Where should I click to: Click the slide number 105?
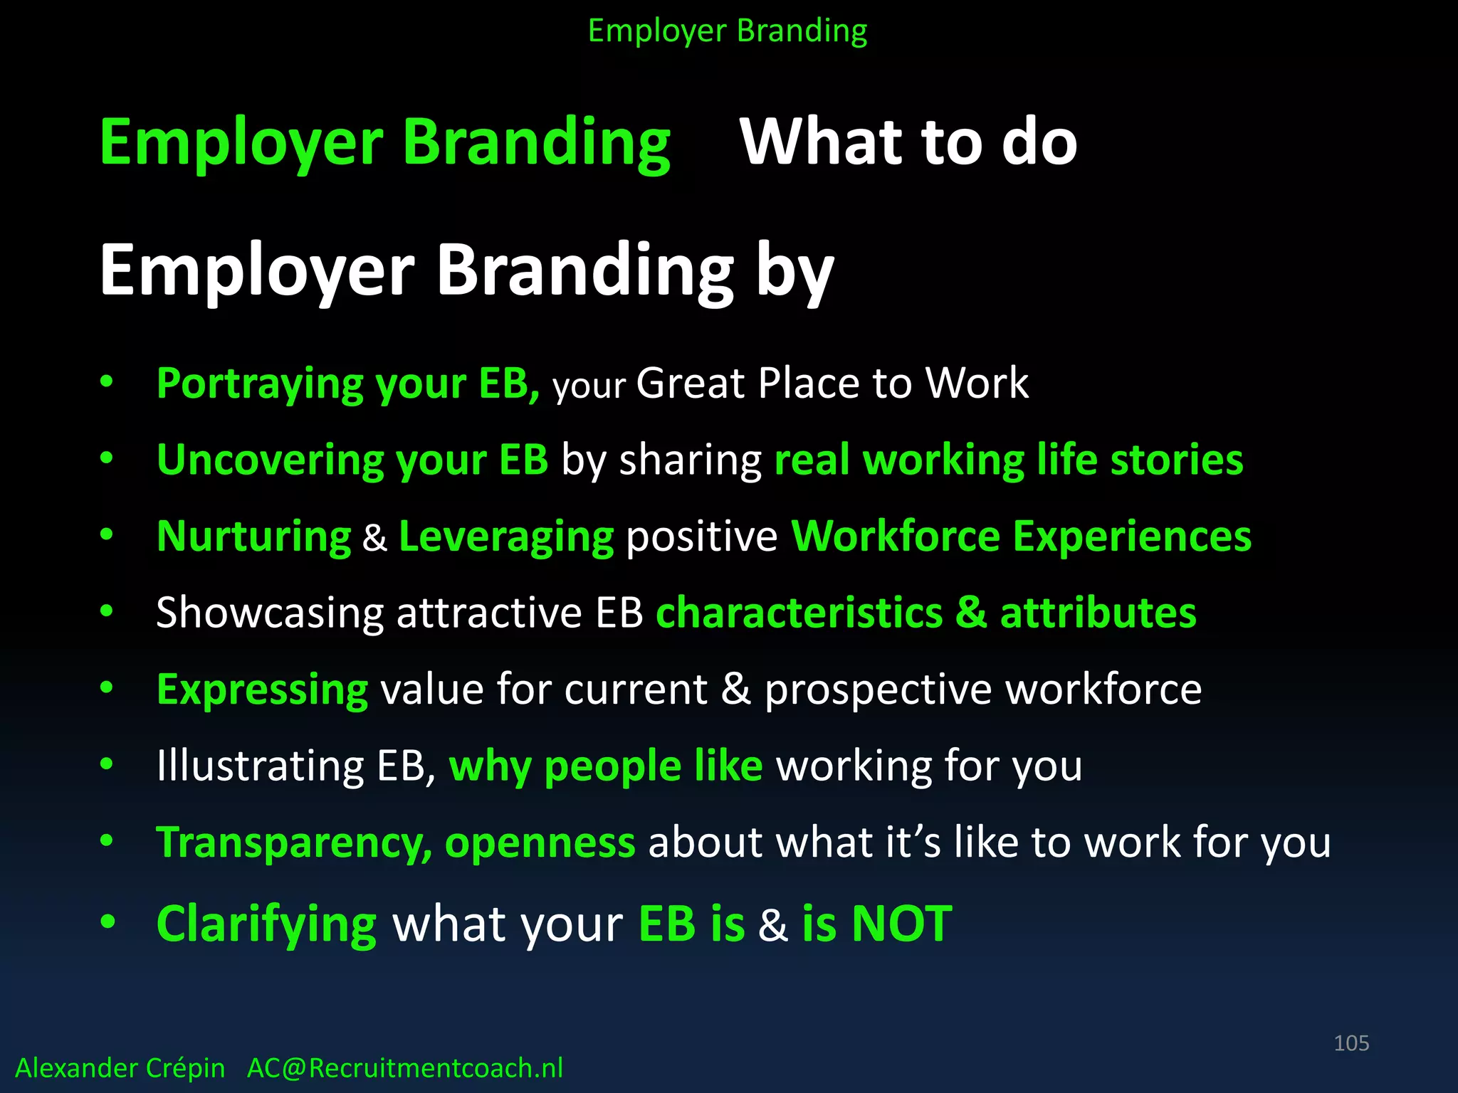point(1351,1043)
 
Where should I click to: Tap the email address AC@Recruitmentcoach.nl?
point(404,1068)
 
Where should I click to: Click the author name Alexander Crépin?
point(120,1068)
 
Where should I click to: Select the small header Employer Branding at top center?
point(728,31)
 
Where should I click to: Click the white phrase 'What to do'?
point(908,142)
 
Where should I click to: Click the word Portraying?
point(260,384)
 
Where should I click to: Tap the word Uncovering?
point(270,460)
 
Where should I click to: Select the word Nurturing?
point(253,537)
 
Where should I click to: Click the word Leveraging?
point(506,537)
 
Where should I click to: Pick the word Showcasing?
point(270,613)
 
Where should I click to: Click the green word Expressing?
point(262,690)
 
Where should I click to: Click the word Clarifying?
point(266,924)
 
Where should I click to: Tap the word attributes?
point(1098,613)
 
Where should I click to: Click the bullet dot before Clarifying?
point(107,922)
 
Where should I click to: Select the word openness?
point(540,843)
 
